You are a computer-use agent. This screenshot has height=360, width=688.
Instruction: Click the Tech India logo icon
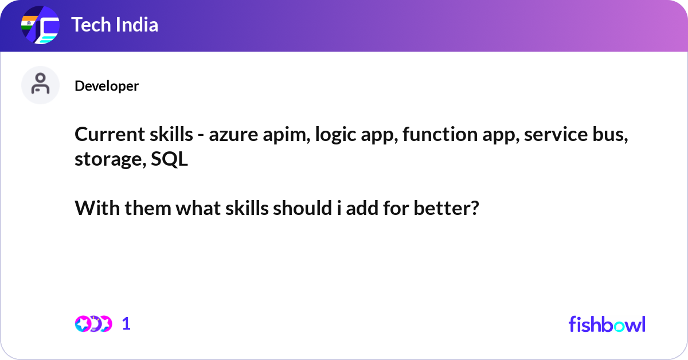tap(40, 25)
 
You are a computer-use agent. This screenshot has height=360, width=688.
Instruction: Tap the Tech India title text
tap(115, 25)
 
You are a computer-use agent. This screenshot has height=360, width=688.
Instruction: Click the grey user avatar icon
tap(40, 85)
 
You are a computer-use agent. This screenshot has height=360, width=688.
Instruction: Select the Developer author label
tap(107, 86)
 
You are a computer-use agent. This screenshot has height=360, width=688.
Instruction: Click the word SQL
tap(169, 159)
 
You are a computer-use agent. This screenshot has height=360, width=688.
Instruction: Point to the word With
tap(93, 209)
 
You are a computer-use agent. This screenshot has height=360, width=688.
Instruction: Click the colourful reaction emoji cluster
tap(93, 324)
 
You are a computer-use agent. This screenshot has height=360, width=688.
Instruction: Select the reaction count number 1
tap(127, 324)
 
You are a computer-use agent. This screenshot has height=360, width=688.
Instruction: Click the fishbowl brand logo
tap(607, 324)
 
